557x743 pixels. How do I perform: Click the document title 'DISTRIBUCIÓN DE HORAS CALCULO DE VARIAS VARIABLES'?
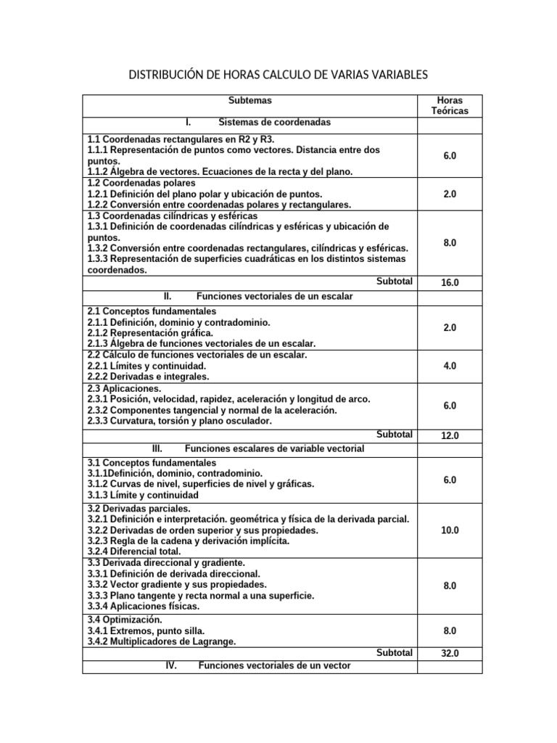278,75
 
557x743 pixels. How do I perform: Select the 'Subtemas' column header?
249,101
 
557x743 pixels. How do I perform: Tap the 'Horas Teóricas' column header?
450,106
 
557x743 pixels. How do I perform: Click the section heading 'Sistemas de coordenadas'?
274,123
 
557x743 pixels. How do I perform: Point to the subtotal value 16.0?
450,282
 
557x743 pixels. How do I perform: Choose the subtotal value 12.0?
450,436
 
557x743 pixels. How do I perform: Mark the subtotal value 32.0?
450,654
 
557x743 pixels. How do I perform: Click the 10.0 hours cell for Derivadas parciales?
450,530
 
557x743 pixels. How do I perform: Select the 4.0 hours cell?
450,366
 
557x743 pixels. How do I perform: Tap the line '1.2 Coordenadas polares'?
141,184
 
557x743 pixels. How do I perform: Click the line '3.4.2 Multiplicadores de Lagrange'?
162,642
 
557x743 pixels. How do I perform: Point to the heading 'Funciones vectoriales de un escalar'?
274,297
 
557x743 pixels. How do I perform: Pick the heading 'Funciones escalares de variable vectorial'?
274,449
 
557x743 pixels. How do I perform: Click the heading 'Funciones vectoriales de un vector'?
274,665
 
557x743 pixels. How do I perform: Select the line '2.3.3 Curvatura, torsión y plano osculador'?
180,421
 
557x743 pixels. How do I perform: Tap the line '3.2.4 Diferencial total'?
134,551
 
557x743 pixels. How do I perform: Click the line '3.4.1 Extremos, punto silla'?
146,631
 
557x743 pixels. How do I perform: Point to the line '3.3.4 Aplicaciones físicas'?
143,606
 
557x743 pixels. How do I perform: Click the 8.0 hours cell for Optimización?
450,631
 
